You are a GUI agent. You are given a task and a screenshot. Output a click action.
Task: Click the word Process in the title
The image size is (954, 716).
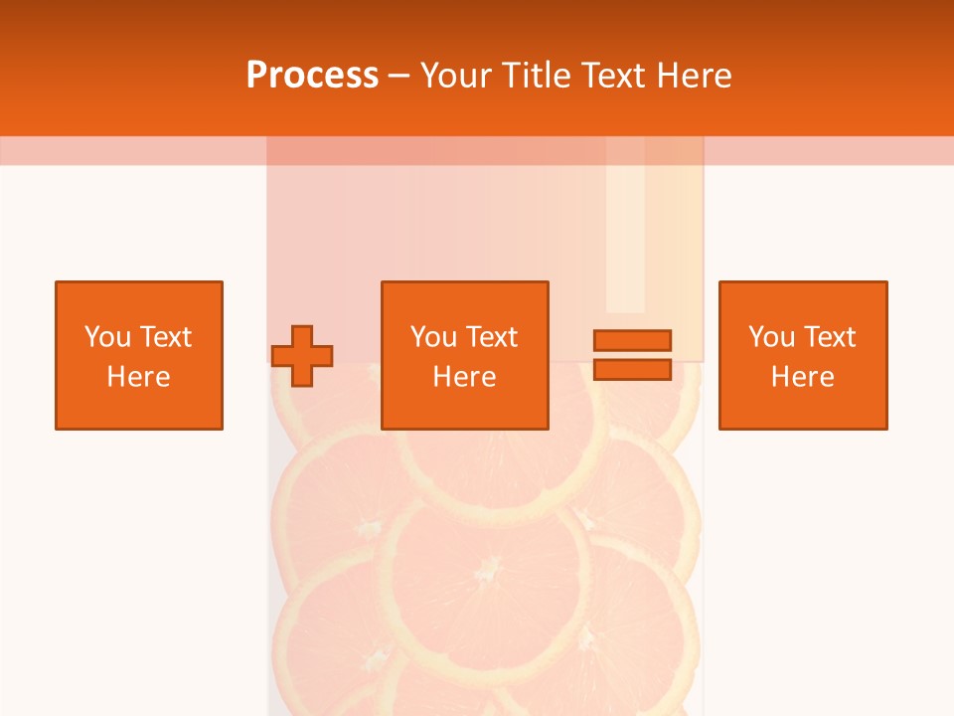point(312,76)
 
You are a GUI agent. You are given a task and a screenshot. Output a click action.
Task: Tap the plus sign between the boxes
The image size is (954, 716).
point(302,356)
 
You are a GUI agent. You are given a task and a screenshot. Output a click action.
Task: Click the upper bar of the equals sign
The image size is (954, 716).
point(632,340)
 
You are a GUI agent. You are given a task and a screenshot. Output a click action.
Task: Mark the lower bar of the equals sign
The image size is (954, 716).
point(632,370)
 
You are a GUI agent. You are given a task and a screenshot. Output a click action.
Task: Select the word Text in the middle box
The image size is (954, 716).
point(492,337)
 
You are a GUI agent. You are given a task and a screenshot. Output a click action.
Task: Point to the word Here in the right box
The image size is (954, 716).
point(803,377)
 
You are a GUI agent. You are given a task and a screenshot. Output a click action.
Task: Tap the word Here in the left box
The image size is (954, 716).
point(139,377)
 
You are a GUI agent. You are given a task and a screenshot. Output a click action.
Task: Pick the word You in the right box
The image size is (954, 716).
point(771,337)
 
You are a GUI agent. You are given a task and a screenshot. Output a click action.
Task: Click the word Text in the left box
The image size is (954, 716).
point(165,337)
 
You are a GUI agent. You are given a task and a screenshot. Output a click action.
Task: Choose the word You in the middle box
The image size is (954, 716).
point(433,337)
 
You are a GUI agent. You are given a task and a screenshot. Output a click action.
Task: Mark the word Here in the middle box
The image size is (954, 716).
point(464,377)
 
